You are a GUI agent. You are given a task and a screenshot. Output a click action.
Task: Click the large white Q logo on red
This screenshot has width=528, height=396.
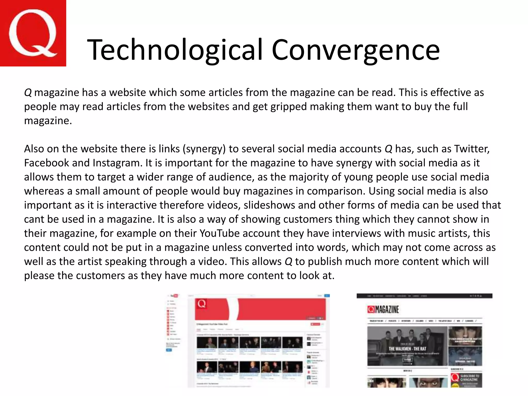(x=33, y=33)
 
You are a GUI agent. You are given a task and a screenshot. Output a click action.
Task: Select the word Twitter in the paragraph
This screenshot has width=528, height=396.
(x=472, y=149)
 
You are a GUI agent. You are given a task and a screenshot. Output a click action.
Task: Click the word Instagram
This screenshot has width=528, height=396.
(x=117, y=163)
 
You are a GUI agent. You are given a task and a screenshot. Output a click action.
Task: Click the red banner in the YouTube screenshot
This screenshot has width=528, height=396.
(x=260, y=309)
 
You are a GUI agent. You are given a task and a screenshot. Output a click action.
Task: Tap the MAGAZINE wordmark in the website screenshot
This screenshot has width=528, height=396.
(x=386, y=309)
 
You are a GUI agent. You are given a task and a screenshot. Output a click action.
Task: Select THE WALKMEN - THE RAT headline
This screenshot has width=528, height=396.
(x=407, y=349)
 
